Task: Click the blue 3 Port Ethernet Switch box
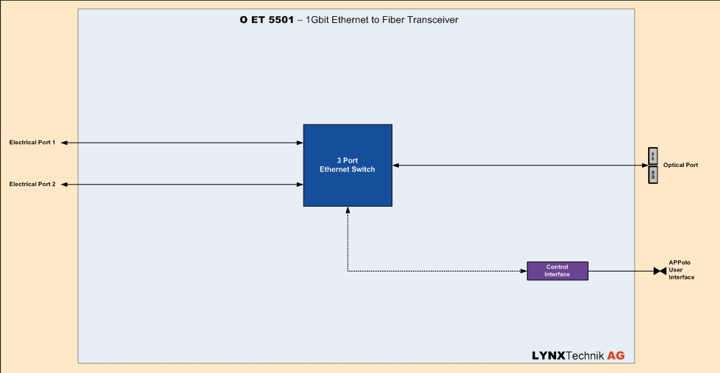(348, 165)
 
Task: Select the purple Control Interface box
(557, 271)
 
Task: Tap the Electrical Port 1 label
(32, 143)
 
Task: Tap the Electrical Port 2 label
(32, 184)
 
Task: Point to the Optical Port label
(680, 166)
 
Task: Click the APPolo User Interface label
(680, 270)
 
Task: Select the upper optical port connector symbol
(652, 156)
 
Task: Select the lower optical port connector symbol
(652, 174)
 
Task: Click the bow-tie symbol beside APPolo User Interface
(660, 271)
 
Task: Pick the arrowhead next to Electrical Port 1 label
(65, 143)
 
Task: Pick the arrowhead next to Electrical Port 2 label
(65, 184)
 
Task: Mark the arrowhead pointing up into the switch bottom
(348, 210)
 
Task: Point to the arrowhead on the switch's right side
(396, 166)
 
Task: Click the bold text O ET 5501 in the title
(267, 20)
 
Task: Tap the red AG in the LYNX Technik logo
(616, 355)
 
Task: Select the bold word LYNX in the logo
(549, 355)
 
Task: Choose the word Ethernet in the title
(348, 20)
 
